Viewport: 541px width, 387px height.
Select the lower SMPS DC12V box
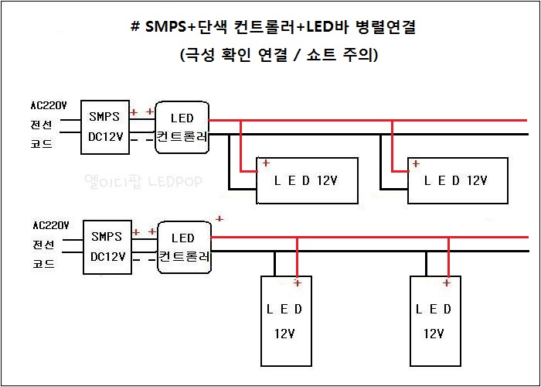(x=107, y=247)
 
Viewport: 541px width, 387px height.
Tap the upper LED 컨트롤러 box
(x=182, y=127)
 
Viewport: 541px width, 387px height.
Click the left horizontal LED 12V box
(x=307, y=180)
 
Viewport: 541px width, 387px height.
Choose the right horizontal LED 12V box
(x=458, y=180)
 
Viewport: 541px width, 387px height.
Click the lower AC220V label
(x=51, y=226)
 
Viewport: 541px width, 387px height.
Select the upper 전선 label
(x=42, y=125)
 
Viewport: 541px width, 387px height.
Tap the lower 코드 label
(x=43, y=263)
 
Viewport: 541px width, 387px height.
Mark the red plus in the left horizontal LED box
(x=266, y=163)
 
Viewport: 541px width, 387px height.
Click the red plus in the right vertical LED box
(x=447, y=283)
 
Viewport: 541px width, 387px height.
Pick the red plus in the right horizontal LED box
(x=417, y=163)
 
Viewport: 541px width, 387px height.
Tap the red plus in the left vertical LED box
(x=297, y=283)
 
